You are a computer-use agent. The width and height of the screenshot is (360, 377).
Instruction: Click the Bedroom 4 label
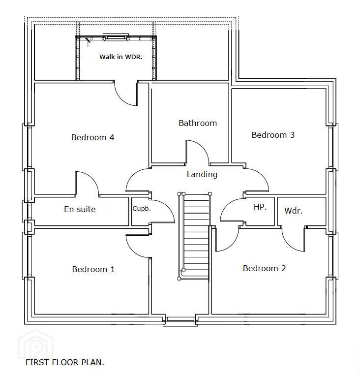click(x=93, y=137)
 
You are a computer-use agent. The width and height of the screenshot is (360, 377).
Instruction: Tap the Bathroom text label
click(x=198, y=123)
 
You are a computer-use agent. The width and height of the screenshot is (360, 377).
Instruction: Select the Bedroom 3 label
click(x=273, y=135)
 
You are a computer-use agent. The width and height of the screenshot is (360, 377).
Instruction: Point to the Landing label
click(x=202, y=174)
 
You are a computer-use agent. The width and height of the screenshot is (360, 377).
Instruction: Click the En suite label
click(x=80, y=209)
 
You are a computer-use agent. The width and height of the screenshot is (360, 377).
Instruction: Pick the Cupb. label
click(x=142, y=209)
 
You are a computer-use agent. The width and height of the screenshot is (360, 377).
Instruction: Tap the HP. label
click(x=260, y=207)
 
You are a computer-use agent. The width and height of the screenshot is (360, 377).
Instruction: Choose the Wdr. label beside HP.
click(x=294, y=211)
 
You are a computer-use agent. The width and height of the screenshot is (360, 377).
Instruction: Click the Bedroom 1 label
click(x=93, y=269)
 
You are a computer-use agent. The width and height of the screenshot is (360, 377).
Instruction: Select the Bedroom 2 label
click(x=265, y=268)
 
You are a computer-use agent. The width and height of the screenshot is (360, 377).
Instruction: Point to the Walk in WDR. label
click(x=121, y=57)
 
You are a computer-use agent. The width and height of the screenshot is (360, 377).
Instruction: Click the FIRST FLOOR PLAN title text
click(x=64, y=362)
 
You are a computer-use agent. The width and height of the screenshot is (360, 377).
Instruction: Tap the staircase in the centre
click(x=195, y=236)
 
